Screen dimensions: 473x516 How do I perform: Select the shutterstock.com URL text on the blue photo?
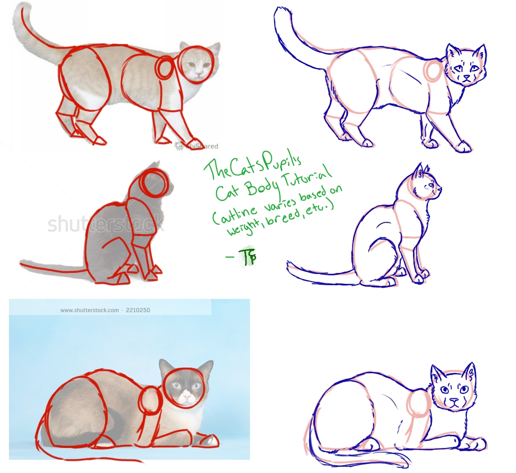coord(90,310)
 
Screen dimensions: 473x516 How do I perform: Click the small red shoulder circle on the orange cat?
coord(165,69)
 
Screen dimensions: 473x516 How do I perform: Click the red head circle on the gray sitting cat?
coord(154,184)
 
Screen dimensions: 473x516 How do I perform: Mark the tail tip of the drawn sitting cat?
coord(289,266)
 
